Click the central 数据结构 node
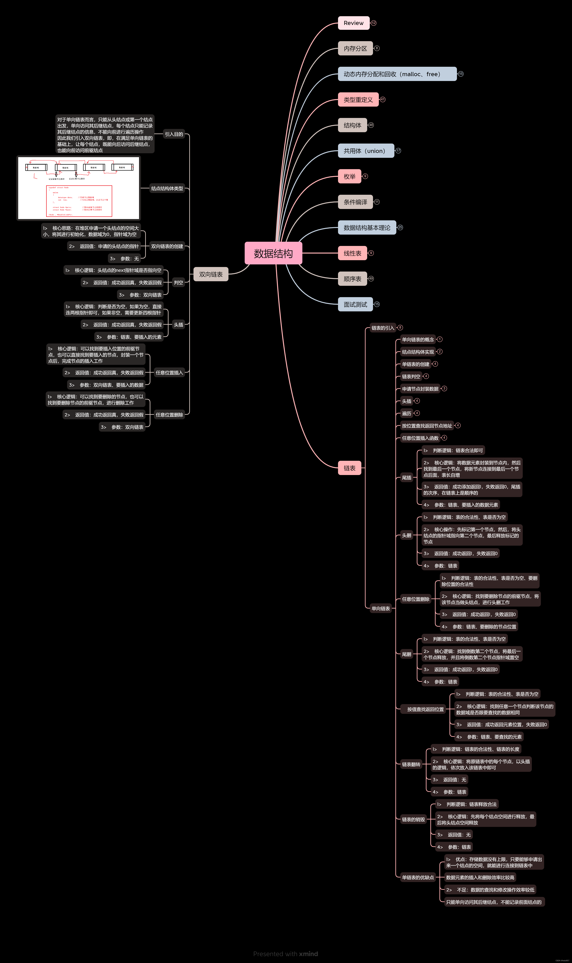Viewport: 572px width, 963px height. point(273,253)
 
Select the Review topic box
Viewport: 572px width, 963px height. point(353,23)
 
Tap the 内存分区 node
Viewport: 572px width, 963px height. point(355,49)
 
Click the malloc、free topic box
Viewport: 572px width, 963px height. point(397,74)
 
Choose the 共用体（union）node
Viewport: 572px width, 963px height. point(366,151)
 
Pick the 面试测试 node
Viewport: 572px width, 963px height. point(355,304)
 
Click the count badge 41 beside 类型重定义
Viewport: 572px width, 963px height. point(383,99)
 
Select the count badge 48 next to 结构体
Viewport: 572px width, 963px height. point(371,125)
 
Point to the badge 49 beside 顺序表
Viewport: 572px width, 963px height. point(371,279)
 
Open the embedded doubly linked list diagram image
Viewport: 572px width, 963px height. point(79,188)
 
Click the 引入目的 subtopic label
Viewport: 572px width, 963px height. point(174,134)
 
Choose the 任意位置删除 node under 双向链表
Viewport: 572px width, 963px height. point(169,415)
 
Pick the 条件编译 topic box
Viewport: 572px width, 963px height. point(355,202)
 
